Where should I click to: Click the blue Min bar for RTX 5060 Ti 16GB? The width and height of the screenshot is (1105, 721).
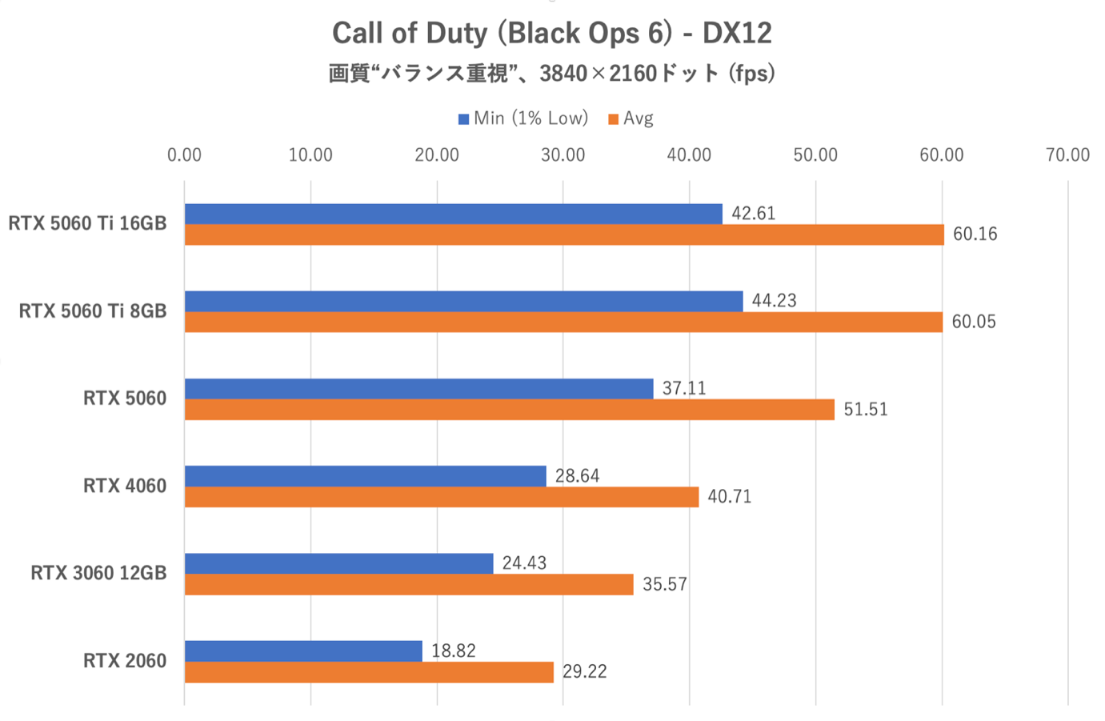point(453,214)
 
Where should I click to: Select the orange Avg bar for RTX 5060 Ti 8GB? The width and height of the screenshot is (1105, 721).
point(563,322)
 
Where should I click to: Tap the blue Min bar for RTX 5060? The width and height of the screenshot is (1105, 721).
point(418,389)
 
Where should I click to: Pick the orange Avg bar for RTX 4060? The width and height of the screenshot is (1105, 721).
point(441,497)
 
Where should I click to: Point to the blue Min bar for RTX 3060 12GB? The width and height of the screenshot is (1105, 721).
point(338,563)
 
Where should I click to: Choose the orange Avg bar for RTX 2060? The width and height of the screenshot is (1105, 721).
point(369,672)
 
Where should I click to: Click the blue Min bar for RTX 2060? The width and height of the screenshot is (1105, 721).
point(303,651)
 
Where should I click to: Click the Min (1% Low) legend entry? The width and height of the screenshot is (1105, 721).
point(523,118)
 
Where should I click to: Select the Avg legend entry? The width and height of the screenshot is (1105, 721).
point(631,118)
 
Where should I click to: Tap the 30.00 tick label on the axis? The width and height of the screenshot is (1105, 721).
point(563,155)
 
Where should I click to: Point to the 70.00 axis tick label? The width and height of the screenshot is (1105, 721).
point(1067,155)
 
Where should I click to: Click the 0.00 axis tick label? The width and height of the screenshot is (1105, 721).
point(184,155)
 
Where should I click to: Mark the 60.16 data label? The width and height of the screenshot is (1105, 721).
point(975,234)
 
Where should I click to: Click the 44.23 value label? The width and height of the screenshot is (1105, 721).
point(774,301)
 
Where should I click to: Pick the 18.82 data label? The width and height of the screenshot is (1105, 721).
point(453,651)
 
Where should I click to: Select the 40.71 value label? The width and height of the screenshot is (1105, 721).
point(729,497)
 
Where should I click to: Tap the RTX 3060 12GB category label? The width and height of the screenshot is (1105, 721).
point(98,573)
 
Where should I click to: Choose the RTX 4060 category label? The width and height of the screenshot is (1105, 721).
point(125,486)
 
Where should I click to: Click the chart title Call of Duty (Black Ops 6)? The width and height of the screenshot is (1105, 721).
point(551,34)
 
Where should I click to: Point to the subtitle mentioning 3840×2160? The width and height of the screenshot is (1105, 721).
point(551,74)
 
